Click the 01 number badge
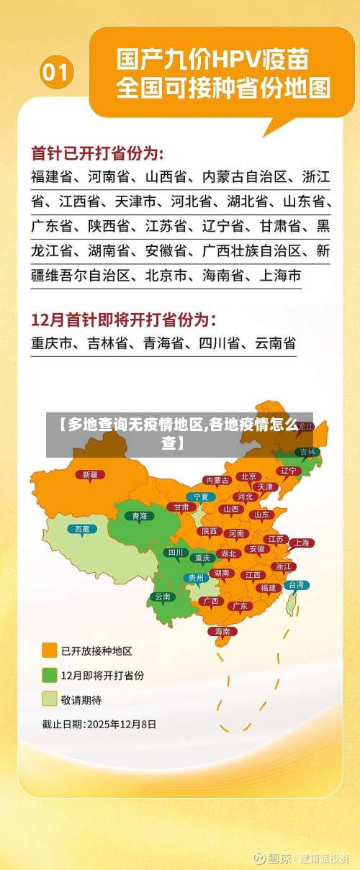click(x=57, y=72)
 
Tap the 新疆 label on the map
click(x=90, y=474)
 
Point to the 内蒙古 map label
click(x=217, y=480)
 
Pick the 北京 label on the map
click(x=249, y=476)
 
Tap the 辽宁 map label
click(x=288, y=470)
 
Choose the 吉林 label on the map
click(x=307, y=452)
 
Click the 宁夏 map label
click(x=201, y=497)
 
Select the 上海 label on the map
click(x=302, y=543)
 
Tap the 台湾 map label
click(x=296, y=585)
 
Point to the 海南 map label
click(x=222, y=631)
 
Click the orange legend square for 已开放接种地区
click(x=50, y=651)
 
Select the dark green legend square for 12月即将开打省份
click(x=50, y=675)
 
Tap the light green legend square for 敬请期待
click(x=50, y=699)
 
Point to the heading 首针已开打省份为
click(x=98, y=153)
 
